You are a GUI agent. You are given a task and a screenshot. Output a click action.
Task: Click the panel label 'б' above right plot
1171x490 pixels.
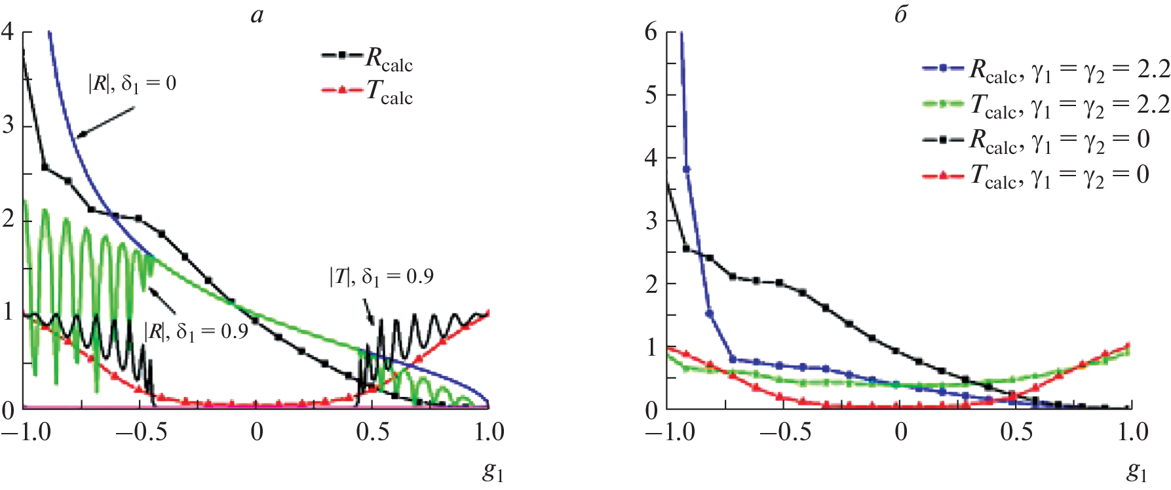tap(901, 15)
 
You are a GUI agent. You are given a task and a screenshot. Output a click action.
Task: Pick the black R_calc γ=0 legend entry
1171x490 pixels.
tap(1035, 140)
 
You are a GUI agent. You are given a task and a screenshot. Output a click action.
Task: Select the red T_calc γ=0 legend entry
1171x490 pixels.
tap(1035, 175)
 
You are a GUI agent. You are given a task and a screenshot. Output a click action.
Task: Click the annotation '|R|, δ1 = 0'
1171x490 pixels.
tap(132, 84)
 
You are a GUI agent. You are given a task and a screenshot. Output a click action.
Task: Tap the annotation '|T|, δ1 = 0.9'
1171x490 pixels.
tap(381, 277)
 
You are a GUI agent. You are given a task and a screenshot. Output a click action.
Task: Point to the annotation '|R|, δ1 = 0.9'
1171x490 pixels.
tap(196, 331)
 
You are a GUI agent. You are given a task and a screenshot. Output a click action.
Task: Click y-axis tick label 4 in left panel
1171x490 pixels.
tap(8, 31)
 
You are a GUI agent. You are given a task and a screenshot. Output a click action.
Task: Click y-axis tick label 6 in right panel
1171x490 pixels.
tap(651, 31)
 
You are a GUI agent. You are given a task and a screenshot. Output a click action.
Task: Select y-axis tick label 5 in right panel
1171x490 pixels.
tap(651, 95)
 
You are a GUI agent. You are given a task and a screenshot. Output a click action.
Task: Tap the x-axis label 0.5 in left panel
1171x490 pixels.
tap(372, 432)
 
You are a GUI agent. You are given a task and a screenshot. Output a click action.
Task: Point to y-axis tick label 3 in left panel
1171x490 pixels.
tap(8, 125)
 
